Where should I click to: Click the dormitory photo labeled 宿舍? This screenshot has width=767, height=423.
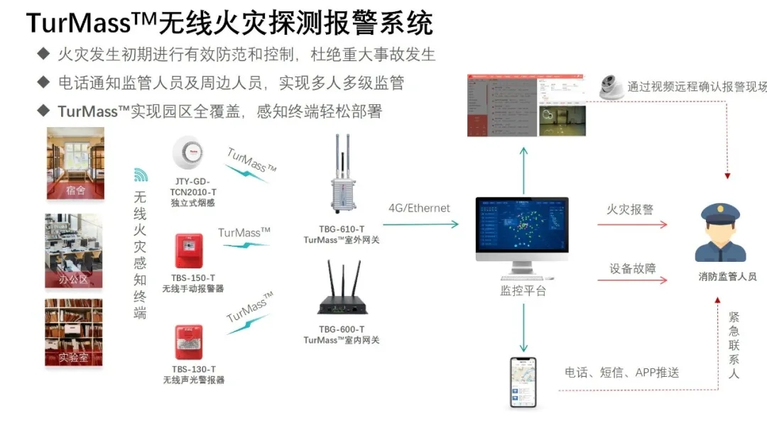pos(75,163)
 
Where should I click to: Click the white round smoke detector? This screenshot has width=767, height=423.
pos(188,153)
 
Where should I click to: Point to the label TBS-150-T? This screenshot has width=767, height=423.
pos(192,278)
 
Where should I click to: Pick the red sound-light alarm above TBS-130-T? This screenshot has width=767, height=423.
pos(189,341)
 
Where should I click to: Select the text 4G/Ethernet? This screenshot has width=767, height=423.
pos(419,208)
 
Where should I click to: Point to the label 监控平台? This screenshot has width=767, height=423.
pos(523,290)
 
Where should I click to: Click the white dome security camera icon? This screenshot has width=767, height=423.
pos(611,87)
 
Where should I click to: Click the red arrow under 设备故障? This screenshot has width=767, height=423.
pos(632,280)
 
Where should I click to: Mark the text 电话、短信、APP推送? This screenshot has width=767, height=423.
pos(622,373)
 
